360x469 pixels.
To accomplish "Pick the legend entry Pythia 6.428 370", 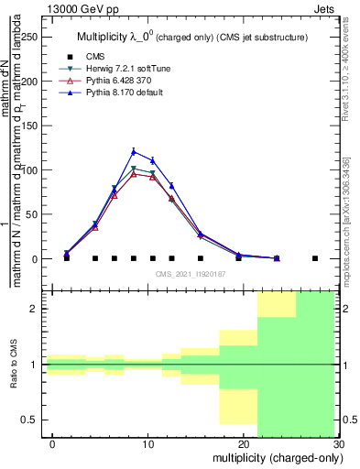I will (x=116, y=81).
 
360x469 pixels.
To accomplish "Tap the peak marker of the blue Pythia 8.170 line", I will (x=134, y=152).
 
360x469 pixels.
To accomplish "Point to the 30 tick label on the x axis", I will (x=339, y=445).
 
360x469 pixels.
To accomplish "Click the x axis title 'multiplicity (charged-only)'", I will (x=276, y=458).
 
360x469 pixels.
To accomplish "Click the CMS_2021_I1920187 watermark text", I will (x=191, y=273).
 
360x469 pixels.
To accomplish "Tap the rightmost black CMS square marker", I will (x=315, y=258).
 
